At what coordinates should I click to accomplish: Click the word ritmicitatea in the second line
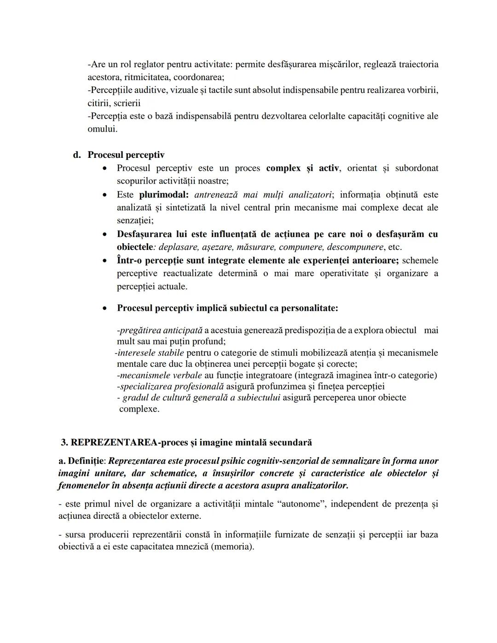(147, 77)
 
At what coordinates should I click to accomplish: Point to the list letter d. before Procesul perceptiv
(77, 155)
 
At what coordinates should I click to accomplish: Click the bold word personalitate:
(310, 308)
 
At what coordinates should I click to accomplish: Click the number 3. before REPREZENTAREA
(64, 442)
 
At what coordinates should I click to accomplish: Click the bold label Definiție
(87, 461)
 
